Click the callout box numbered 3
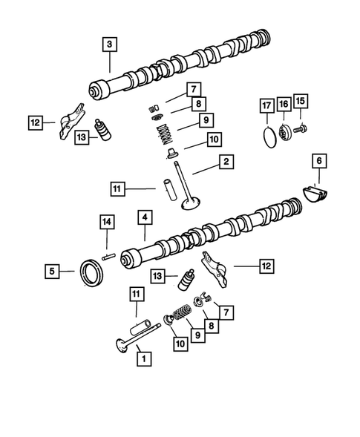109,45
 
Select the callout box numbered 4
145,218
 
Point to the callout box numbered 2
223,162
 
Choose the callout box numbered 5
51,272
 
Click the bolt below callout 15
301,129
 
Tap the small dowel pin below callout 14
108,257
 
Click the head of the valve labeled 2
192,204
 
